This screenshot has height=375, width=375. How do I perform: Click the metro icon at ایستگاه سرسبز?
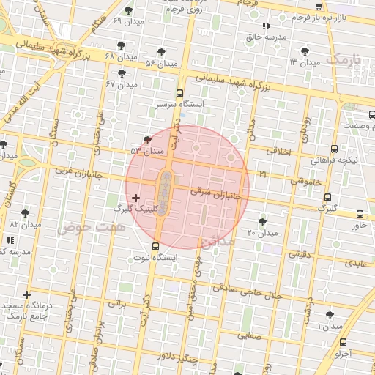(x=180, y=93)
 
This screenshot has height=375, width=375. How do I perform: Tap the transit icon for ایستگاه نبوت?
(x=155, y=246)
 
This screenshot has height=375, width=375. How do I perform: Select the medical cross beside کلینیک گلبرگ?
(x=135, y=198)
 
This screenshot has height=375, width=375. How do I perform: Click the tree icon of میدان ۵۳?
(x=148, y=138)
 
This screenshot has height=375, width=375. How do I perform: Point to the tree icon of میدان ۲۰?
(x=262, y=220)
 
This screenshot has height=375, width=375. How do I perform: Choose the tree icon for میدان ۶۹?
(x=130, y=10)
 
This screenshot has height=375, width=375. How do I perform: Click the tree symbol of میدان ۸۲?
(x=26, y=213)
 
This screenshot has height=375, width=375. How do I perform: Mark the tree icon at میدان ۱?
(x=330, y=314)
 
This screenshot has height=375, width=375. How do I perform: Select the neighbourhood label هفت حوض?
(x=92, y=228)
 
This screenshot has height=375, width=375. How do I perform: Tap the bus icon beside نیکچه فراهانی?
(x=335, y=148)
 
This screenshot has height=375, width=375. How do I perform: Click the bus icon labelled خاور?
(x=360, y=214)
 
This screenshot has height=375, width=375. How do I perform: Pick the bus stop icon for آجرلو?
(x=344, y=341)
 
